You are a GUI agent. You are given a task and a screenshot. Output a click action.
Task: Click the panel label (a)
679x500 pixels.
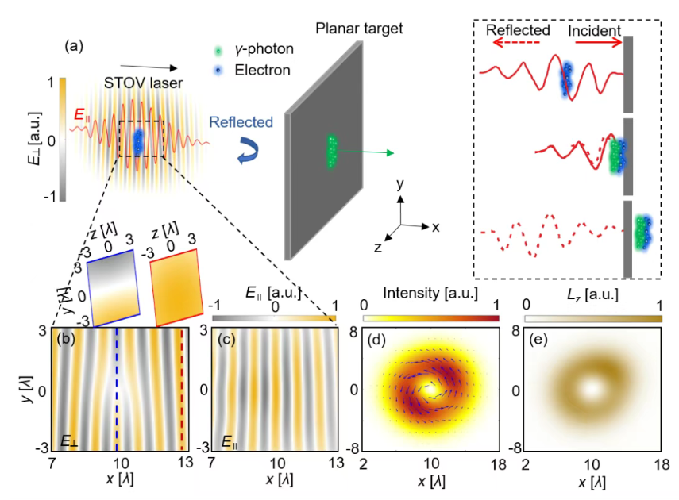(75, 46)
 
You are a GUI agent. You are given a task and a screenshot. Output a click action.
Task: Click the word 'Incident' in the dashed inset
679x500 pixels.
(595, 30)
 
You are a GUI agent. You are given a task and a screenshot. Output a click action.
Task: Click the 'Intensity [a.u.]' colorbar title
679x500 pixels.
(430, 293)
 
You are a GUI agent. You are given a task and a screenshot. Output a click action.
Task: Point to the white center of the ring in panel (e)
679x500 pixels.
(590, 389)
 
